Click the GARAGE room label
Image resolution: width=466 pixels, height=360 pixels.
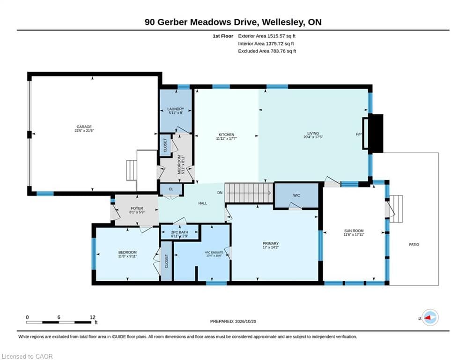pyautogui.click(x=84, y=127)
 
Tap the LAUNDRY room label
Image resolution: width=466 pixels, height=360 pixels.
pyautogui.click(x=176, y=109)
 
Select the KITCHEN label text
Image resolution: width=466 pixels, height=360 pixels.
pyautogui.click(x=227, y=135)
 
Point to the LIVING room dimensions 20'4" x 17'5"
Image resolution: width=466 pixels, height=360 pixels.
pyautogui.click(x=313, y=137)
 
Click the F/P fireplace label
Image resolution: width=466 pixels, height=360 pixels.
pyautogui.click(x=359, y=134)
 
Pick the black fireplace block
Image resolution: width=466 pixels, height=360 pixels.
pyautogui.click(x=376, y=134)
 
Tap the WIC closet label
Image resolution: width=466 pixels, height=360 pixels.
pyautogui.click(x=296, y=195)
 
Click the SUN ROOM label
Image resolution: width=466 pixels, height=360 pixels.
pyautogui.click(x=354, y=231)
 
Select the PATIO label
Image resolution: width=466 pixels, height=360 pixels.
pyautogui.click(x=414, y=245)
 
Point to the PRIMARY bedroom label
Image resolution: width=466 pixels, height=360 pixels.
pyautogui.click(x=270, y=244)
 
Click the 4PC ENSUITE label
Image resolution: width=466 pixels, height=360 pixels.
pyautogui.click(x=214, y=253)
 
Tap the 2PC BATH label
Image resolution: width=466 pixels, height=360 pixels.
pyautogui.click(x=179, y=232)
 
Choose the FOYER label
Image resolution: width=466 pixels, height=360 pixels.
pyautogui.click(x=137, y=209)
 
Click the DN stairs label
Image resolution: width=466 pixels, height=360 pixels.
pyautogui.click(x=220, y=193)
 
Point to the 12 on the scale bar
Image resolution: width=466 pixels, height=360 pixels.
pyautogui.click(x=92, y=317)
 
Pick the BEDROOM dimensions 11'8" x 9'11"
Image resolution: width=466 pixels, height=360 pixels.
pyautogui.click(x=127, y=256)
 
